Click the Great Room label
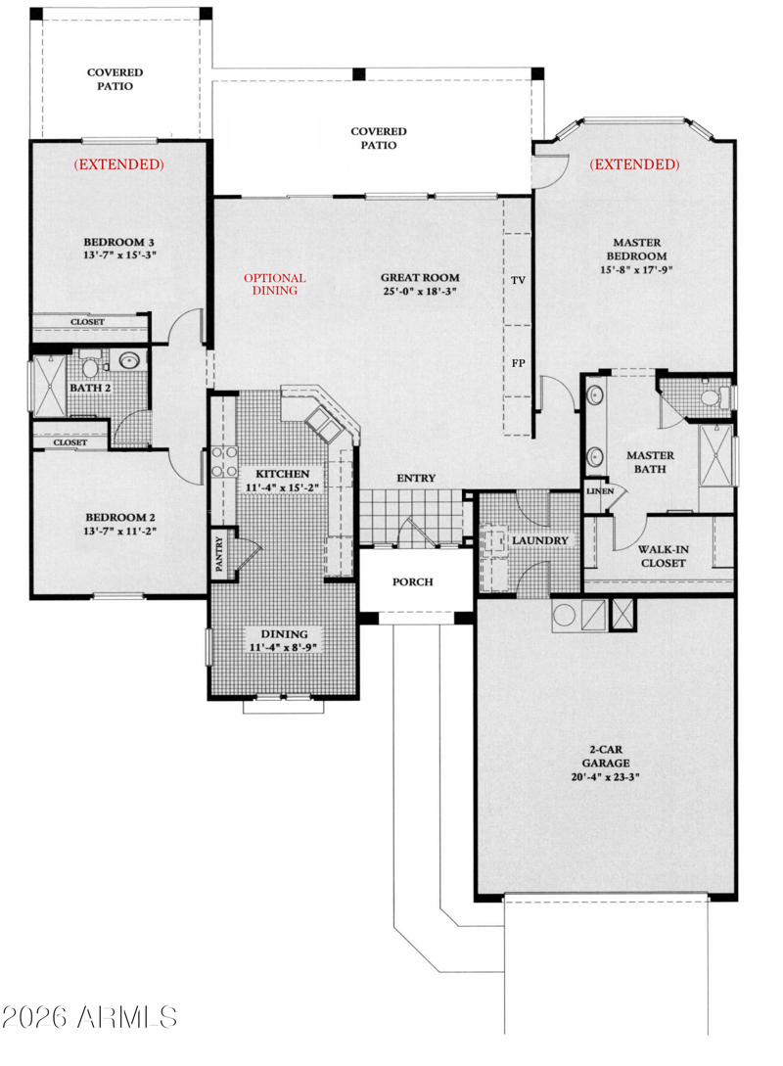pos(419,277)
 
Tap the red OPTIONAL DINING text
pos(275,284)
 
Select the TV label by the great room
pos(518,280)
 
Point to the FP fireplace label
pos(518,363)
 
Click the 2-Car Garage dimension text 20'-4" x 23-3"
pos(605,777)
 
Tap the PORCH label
pos(413,582)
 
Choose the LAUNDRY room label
pos(539,540)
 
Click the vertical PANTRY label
pos(219,553)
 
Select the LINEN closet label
pos(599,490)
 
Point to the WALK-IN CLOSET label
pos(663,556)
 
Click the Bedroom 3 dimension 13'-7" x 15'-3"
pos(119,255)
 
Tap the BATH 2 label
pos(90,388)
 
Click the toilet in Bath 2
pos(90,366)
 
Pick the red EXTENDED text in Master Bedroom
pos(634,163)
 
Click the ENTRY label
pos(416,479)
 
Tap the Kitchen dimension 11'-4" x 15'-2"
pos(282,487)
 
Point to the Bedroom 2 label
pos(120,518)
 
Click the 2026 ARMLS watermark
pos(89,1017)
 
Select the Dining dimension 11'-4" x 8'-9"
pos(284,647)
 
